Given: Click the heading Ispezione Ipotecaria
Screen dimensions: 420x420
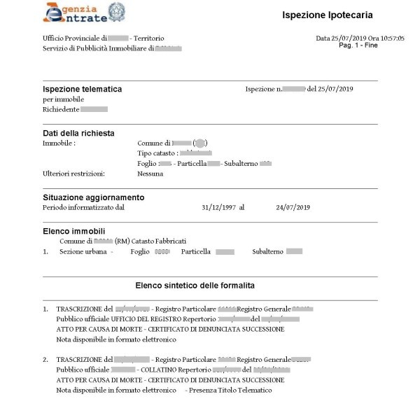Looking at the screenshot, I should click(327, 15).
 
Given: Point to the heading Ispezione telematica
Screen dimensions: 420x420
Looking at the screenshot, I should click(82, 89).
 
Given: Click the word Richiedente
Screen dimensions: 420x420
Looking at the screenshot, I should click(61, 109).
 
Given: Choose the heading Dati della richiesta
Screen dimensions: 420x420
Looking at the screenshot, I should click(78, 133).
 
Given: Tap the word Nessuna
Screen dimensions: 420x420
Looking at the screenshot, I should click(150, 174).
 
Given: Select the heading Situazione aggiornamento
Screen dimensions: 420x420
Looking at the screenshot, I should click(93, 197).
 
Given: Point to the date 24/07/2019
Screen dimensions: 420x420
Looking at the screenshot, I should click(293, 207).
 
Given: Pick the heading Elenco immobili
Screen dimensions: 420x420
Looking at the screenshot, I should click(73, 230).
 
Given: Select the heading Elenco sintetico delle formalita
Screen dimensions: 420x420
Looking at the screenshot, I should click(195, 286).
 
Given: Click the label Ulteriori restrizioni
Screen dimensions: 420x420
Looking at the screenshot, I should click(73, 174).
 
